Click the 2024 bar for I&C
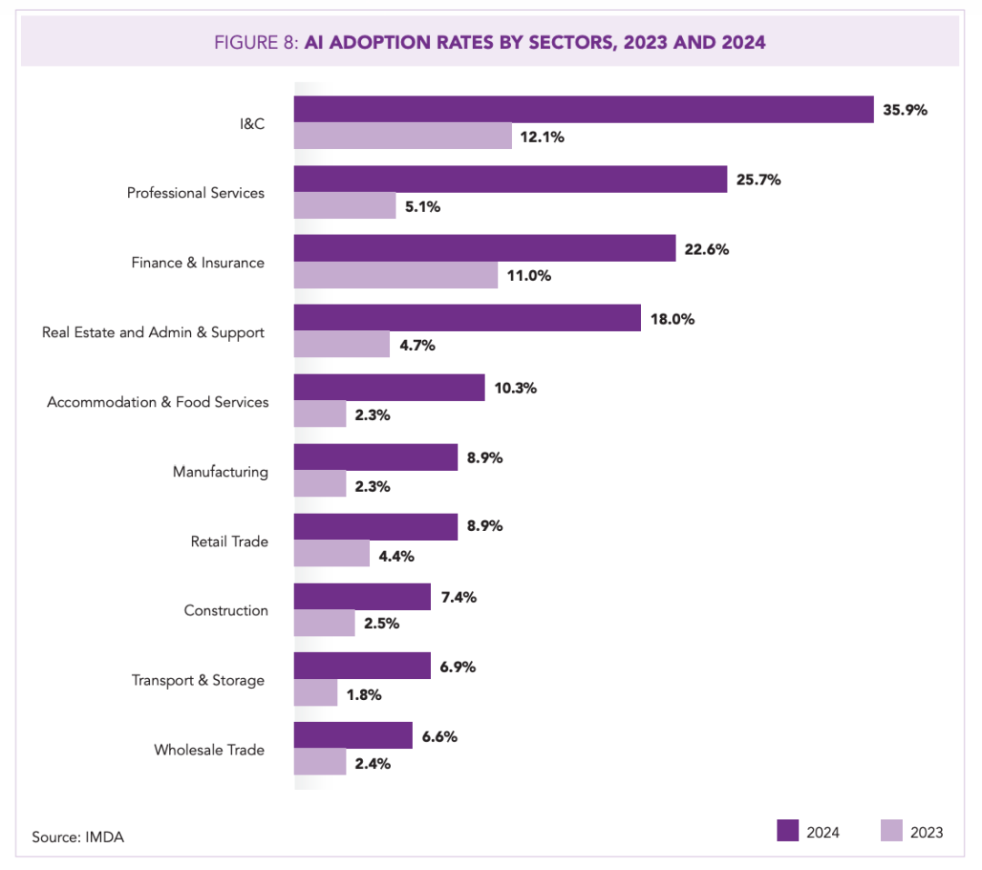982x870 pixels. coord(584,109)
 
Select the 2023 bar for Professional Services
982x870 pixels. coord(345,205)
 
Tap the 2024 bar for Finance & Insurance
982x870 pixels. coord(485,248)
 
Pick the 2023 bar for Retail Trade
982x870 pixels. coord(331,553)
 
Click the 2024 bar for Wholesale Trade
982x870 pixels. coord(353,735)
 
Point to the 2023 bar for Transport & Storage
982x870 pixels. coord(316,693)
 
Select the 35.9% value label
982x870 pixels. coord(905,110)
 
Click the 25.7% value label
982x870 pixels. coord(758,180)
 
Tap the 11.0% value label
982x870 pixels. coord(529,275)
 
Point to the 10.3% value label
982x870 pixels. coord(516,388)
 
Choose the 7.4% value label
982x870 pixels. coord(459,597)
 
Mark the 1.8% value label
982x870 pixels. coord(364,695)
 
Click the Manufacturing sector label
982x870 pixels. coord(220,472)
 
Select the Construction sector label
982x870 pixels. coord(226,610)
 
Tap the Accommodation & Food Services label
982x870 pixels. coord(158,402)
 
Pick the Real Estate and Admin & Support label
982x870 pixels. coord(154,333)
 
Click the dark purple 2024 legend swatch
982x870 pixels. coord(787,831)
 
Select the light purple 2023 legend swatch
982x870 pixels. coord(892,831)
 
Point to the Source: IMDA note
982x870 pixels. coord(77,836)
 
